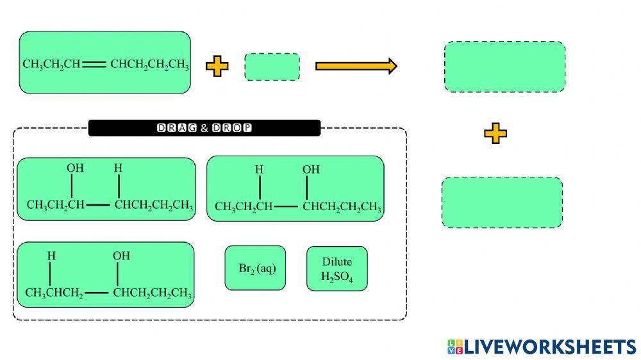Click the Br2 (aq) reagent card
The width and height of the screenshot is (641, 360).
(255, 268)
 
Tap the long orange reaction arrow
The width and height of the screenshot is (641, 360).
(356, 66)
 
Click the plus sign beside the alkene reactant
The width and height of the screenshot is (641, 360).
(217, 66)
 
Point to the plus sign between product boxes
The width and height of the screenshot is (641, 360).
(495, 134)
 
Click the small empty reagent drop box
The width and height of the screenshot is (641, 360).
(272, 67)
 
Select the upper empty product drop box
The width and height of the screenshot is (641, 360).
(504, 67)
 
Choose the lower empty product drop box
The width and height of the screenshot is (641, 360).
(502, 202)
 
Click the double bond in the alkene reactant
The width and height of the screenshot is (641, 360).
(94, 64)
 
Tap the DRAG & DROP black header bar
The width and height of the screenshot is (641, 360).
(204, 128)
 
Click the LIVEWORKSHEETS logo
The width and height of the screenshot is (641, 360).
(542, 347)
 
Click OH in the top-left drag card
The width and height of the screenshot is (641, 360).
(75, 168)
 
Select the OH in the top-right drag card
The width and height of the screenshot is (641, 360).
(311, 170)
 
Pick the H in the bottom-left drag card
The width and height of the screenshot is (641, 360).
(51, 256)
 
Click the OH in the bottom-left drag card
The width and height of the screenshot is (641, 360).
(121, 256)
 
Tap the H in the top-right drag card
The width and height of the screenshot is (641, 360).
(259, 170)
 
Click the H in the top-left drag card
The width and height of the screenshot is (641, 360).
(118, 168)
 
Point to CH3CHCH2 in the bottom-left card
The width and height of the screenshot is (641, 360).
(54, 293)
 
